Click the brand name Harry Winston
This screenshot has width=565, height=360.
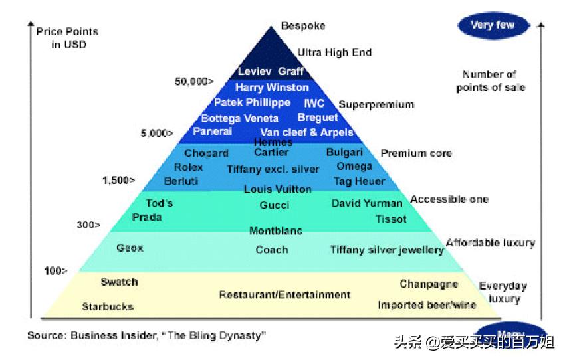point(272,88)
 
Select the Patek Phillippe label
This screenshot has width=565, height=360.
point(252,103)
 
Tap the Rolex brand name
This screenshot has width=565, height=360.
point(188,167)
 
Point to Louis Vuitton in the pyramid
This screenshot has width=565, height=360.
point(277,189)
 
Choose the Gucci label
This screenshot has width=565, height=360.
point(275,205)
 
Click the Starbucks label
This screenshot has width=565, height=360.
point(108,307)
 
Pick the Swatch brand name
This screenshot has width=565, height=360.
point(120,282)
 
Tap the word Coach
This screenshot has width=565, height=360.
point(272,250)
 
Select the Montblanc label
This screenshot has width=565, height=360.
point(275,231)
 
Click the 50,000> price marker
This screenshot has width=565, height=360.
point(194,82)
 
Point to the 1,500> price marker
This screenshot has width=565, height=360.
point(118,180)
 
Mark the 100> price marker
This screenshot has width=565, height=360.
point(56,270)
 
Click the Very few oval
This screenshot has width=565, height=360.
point(492,25)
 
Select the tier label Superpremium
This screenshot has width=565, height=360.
point(376,104)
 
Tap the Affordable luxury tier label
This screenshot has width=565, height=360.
point(490,243)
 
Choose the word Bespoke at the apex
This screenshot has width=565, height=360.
point(303,26)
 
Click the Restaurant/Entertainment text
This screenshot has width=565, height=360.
point(284,294)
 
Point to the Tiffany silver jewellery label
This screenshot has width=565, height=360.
point(387,250)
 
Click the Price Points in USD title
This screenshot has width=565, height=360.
point(67,38)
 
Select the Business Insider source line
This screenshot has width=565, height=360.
point(146,335)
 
